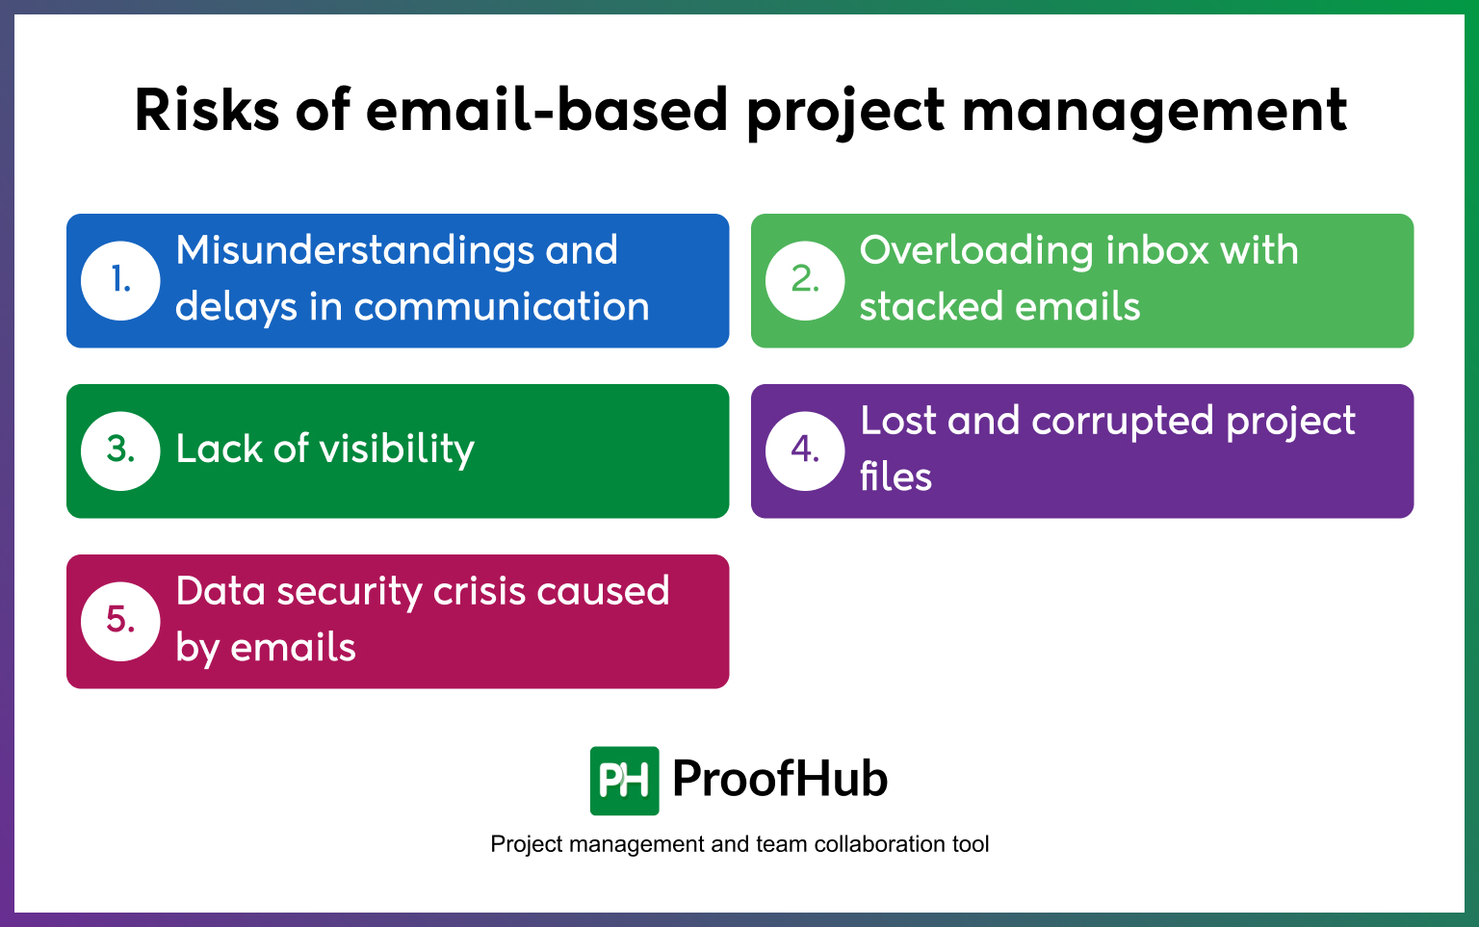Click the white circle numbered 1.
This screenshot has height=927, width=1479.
tap(120, 280)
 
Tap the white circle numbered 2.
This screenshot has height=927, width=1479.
tap(805, 280)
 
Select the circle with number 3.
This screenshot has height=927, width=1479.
tap(120, 451)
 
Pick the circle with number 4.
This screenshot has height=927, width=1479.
tap(805, 451)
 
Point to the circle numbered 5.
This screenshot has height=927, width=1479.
tap(120, 621)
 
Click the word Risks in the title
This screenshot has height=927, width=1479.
tap(206, 110)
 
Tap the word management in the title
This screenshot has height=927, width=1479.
tap(1154, 112)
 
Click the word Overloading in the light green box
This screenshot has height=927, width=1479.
tap(975, 251)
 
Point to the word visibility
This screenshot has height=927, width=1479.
tap(397, 450)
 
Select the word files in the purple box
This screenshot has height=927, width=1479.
tap(895, 477)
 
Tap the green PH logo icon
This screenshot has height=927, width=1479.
tap(624, 780)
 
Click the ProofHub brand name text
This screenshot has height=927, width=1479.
tap(779, 779)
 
